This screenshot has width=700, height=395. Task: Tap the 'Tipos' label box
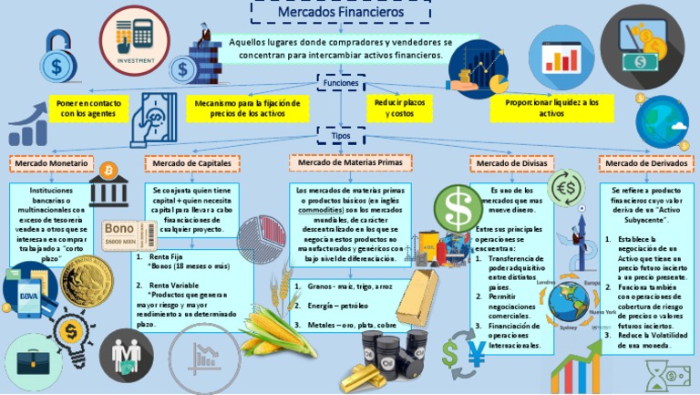pos(341,134)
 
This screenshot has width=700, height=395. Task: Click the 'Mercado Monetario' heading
pos(51,163)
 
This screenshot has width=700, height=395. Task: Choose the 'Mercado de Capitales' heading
pos(190,163)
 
